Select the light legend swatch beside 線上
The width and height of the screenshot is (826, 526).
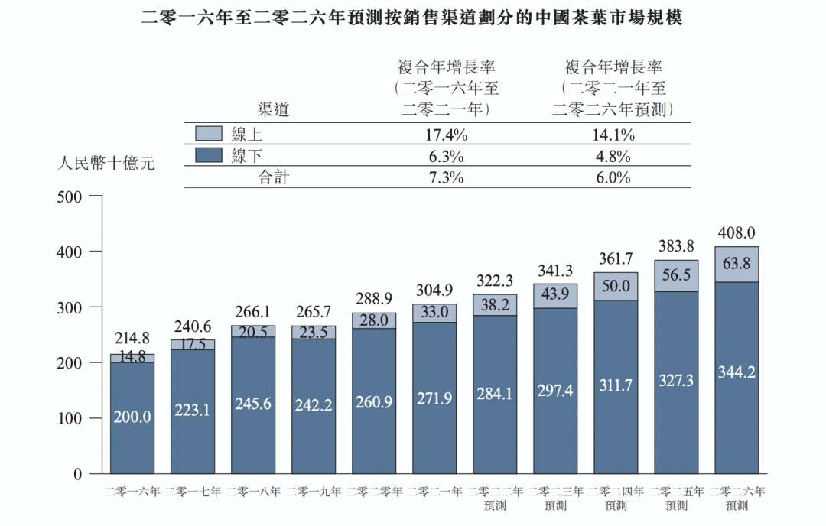(x=209, y=135)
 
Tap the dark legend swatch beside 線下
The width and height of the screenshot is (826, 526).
(x=209, y=156)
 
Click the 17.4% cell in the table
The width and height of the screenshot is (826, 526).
(x=446, y=136)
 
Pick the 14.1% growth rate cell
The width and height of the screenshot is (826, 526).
(x=613, y=136)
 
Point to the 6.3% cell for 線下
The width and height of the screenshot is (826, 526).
(x=446, y=157)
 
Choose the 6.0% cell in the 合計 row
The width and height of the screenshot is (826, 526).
(x=613, y=177)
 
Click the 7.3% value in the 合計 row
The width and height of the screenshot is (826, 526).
(x=446, y=177)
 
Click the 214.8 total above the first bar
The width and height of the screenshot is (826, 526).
(x=132, y=339)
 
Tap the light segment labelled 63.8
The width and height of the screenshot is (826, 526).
(x=737, y=265)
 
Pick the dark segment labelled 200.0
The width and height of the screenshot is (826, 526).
(x=132, y=417)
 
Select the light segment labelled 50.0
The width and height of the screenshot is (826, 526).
(x=616, y=286)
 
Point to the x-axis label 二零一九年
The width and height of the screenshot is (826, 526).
(x=314, y=492)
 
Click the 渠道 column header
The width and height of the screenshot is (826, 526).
(x=274, y=110)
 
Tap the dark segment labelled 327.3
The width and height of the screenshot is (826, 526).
(x=676, y=380)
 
